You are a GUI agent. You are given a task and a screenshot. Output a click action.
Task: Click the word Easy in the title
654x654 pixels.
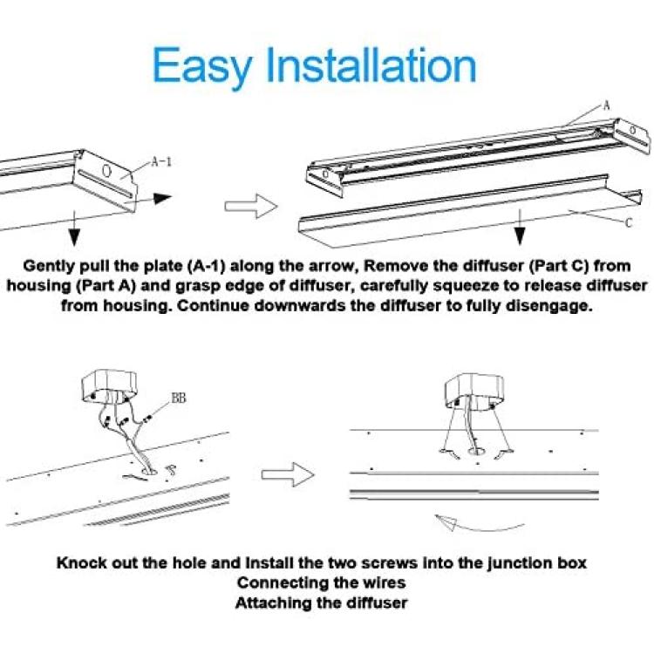point(202,67)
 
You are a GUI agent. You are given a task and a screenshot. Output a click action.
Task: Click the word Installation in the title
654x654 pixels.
point(371,65)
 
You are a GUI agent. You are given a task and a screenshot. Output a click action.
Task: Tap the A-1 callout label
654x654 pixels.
point(161,161)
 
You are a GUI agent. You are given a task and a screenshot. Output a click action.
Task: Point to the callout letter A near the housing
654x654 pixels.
point(606,106)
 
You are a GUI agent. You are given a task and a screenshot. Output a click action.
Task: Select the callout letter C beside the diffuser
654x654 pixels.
point(629,223)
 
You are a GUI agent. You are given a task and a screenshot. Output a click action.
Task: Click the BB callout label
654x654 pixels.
point(179,399)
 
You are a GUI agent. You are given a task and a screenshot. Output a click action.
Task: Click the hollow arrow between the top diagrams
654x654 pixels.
point(251,206)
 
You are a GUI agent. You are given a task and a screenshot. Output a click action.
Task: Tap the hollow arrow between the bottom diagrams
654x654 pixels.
point(288,474)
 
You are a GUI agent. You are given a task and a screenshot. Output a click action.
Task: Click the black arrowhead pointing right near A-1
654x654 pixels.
point(163,199)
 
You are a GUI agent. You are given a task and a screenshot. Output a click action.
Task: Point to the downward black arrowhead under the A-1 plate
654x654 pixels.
point(74,237)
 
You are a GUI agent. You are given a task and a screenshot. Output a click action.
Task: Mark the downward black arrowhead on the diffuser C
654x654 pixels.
point(520,236)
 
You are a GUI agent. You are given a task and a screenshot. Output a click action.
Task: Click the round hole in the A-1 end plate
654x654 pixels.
point(107,171)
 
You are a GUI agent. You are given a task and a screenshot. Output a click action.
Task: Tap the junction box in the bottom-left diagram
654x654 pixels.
point(109,386)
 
